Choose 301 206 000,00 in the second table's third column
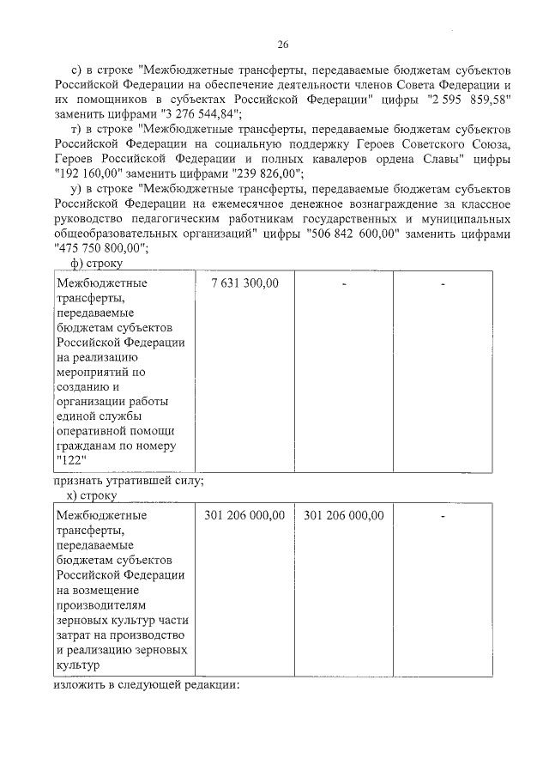click(343, 515)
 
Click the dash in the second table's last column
click(443, 516)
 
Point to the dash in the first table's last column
click(443, 283)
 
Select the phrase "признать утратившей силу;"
click(129, 481)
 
